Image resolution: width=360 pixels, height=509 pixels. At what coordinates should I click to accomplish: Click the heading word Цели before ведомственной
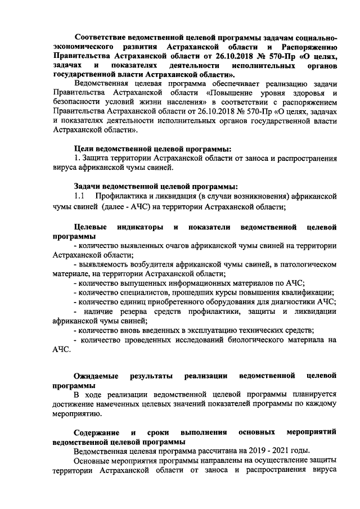tap(85, 148)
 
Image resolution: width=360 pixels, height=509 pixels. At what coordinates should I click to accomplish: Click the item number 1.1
tap(79, 196)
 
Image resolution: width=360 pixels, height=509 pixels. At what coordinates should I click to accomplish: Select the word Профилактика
tap(127, 196)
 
